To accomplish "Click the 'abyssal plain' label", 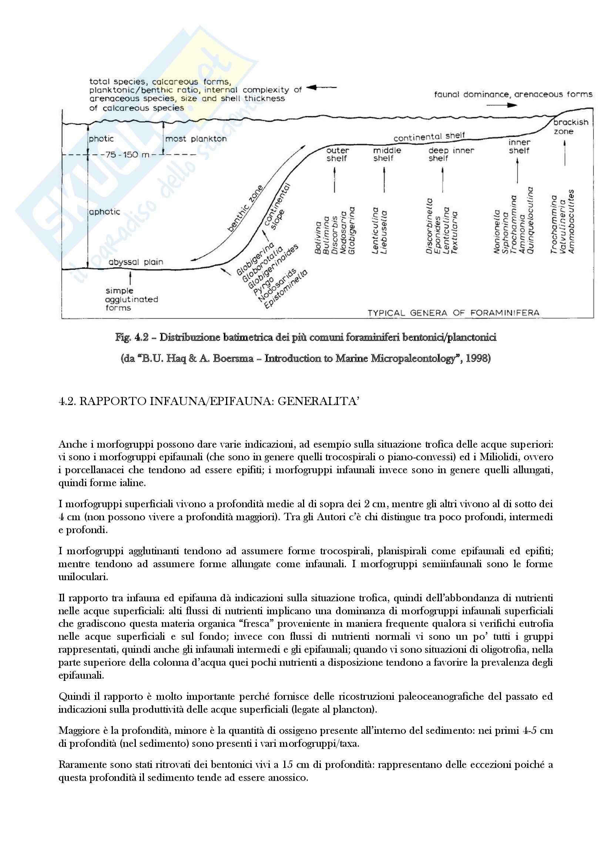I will tap(136, 262).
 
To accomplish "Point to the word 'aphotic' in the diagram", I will tap(104, 212).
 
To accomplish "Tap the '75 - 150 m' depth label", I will tap(124, 155).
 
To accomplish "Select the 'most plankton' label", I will tap(196, 139).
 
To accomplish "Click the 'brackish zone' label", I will tap(571, 127).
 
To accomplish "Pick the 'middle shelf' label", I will tap(387, 154).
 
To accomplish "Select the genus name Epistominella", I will tap(286, 290).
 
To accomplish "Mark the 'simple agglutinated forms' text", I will tap(131, 299).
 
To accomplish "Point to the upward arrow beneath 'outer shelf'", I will tap(334, 179).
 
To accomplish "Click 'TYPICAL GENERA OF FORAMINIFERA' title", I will tap(453, 313).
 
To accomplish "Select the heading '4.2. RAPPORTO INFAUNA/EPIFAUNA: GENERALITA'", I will tap(208, 401).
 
